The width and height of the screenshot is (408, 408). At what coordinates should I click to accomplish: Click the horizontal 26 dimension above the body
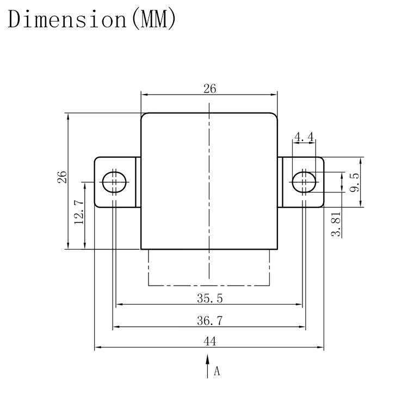click(x=209, y=89)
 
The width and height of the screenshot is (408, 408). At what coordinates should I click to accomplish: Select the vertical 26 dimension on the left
click(x=63, y=177)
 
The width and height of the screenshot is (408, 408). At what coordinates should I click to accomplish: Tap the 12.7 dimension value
click(x=79, y=212)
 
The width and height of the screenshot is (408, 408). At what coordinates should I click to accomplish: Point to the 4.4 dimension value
click(x=304, y=137)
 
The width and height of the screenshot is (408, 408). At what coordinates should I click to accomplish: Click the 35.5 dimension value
click(x=209, y=298)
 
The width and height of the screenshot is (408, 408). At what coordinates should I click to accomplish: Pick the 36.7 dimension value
click(x=209, y=321)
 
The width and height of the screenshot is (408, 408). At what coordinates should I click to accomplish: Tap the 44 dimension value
click(x=209, y=342)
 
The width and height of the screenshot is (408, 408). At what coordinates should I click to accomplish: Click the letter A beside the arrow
click(x=217, y=372)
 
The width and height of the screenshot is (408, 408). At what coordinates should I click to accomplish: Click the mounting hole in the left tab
click(x=113, y=182)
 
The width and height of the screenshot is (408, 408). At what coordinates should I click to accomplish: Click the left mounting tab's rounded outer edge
click(x=95, y=182)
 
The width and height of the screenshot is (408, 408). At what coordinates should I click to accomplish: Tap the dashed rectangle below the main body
click(x=209, y=285)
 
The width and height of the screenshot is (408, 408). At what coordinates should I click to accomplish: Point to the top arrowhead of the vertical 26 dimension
click(x=68, y=116)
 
